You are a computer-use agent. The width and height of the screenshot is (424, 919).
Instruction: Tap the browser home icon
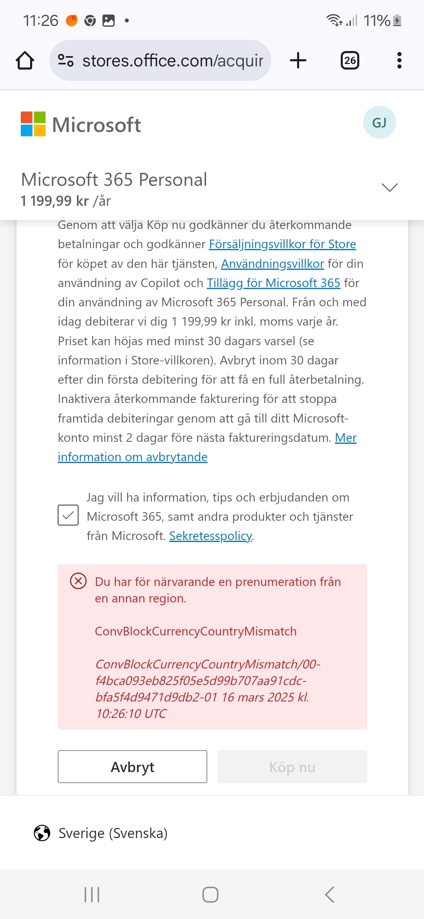25,60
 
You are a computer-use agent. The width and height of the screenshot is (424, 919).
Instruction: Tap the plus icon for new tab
298,60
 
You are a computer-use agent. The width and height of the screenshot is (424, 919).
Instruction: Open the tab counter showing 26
350,60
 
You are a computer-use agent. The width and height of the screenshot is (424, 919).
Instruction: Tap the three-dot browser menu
399,60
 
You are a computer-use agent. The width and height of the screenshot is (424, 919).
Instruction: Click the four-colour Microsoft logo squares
33,124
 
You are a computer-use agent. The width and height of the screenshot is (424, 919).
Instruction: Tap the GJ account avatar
379,123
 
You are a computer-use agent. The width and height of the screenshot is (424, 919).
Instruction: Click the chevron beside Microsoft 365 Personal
389,187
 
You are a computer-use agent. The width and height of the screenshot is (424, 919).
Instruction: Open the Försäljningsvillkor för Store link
282,244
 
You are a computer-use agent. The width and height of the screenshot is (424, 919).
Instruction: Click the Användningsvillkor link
272,264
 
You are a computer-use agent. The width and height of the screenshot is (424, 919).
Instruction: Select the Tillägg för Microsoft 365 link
273,283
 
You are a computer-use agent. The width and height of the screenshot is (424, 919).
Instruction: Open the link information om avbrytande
133,457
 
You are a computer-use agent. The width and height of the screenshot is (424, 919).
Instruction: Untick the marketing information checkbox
68,515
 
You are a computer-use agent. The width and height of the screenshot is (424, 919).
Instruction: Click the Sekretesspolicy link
210,536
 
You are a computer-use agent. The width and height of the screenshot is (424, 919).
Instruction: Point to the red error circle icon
78,581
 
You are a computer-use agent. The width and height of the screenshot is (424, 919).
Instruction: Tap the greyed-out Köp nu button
292,767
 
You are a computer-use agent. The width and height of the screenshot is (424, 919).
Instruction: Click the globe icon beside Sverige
42,833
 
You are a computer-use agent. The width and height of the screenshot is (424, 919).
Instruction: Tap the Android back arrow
330,895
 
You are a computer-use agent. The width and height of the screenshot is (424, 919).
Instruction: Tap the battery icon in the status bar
397,20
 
